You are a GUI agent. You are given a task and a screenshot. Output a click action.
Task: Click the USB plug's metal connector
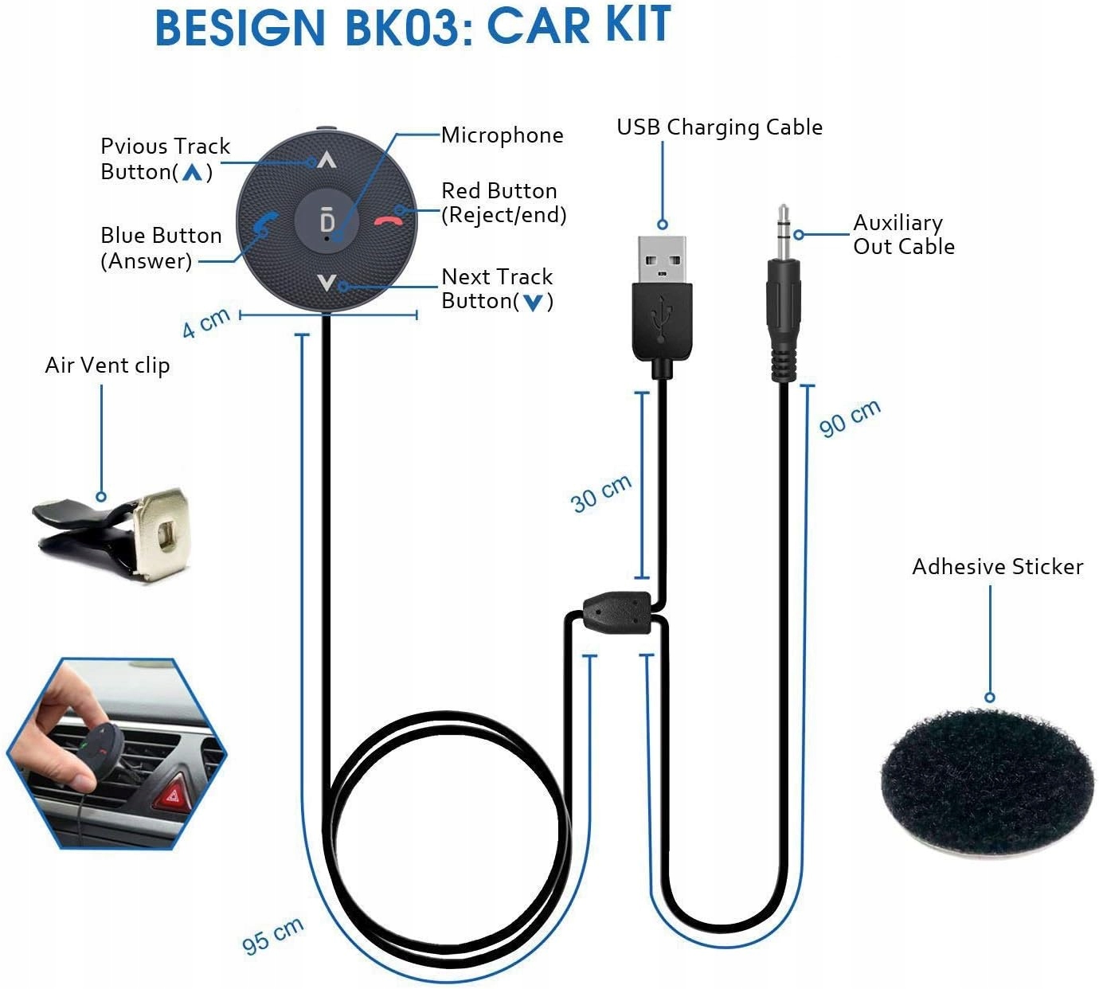pyautogui.click(x=662, y=258)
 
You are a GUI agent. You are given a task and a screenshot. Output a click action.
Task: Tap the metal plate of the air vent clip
pyautogui.click(x=162, y=530)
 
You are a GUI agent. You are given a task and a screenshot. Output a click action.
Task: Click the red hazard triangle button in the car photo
pyautogui.click(x=172, y=793)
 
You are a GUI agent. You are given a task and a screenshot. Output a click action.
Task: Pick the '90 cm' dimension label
pyautogui.click(x=850, y=417)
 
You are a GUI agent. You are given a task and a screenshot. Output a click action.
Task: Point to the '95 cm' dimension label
pyautogui.click(x=272, y=935)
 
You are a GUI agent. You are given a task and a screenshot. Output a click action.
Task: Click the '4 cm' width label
pyautogui.click(x=205, y=322)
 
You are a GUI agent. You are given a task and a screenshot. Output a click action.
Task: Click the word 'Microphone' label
pyautogui.click(x=502, y=135)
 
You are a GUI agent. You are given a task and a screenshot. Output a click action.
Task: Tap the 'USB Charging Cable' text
pyautogui.click(x=719, y=127)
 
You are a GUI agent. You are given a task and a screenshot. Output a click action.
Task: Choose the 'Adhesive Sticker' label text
pyautogui.click(x=997, y=567)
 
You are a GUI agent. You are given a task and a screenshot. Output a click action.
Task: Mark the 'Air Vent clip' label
pyautogui.click(x=108, y=365)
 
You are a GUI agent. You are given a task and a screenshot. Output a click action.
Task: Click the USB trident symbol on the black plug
pyautogui.click(x=661, y=319)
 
